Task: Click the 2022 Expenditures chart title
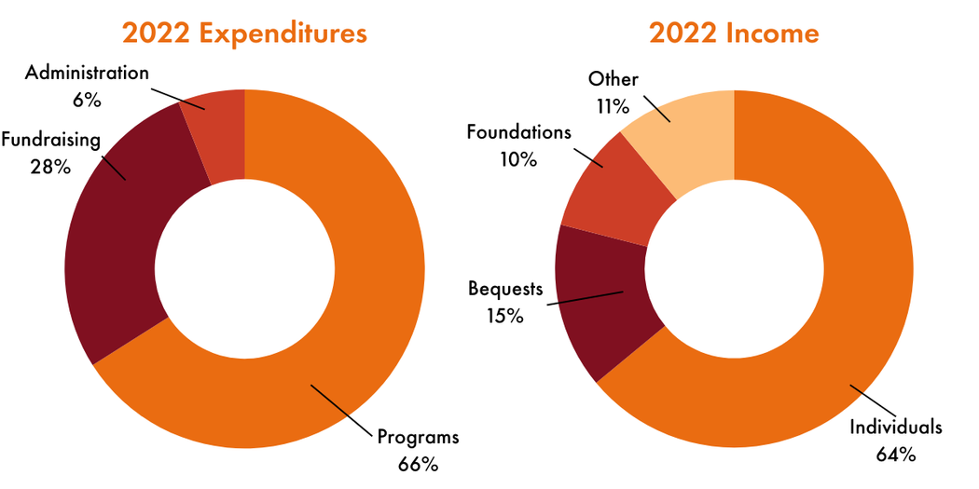point(244,33)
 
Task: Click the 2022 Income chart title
point(734,33)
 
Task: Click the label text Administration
point(87,73)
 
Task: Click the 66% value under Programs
point(417,463)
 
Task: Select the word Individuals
point(896,428)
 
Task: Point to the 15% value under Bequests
point(503,315)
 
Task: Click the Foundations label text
point(518,131)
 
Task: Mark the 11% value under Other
point(612,106)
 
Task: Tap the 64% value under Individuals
point(896,455)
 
